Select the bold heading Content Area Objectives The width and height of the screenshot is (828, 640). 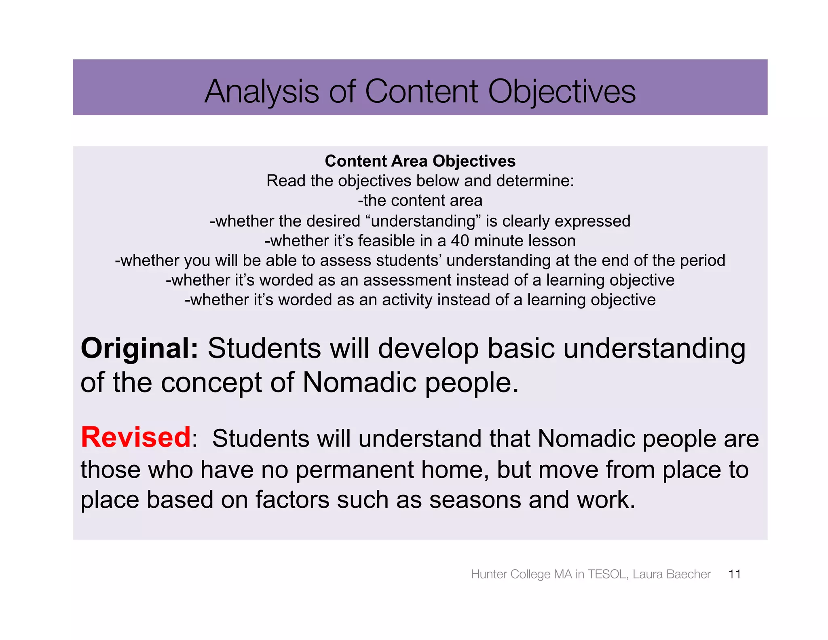click(x=420, y=161)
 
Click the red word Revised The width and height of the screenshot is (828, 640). click(x=136, y=438)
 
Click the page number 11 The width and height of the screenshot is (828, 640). click(x=734, y=574)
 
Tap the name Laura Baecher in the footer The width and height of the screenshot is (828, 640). click(x=672, y=574)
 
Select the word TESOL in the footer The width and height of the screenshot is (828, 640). click(x=608, y=574)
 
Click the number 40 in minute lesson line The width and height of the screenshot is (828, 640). click(x=460, y=241)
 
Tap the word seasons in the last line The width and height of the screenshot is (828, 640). click(x=475, y=500)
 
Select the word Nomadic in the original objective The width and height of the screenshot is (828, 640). click(x=359, y=382)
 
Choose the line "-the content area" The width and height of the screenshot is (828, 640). click(x=420, y=201)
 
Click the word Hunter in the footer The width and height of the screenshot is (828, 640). click(x=489, y=574)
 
